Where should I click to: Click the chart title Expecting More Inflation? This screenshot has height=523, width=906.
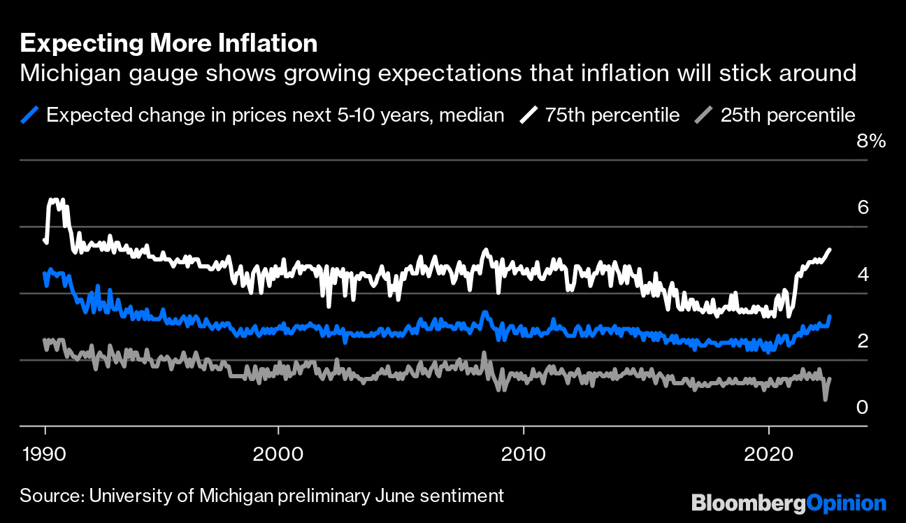168,44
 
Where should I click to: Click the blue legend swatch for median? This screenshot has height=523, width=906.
31,115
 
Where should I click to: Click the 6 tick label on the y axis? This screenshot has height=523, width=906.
863,208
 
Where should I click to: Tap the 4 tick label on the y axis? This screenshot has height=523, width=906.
863,274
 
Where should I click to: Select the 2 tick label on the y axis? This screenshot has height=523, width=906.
863,341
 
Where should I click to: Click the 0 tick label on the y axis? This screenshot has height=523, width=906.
863,407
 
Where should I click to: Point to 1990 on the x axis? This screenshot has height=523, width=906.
45,452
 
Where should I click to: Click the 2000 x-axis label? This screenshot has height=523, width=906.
278,452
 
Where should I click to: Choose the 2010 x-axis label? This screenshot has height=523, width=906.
524,452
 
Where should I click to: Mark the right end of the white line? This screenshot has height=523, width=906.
830,250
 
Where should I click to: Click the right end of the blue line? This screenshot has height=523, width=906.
830,317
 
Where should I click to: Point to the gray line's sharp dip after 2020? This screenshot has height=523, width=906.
826,399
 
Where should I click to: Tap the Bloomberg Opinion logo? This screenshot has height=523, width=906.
789,503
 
